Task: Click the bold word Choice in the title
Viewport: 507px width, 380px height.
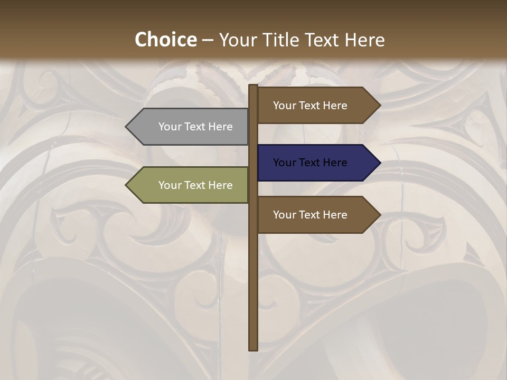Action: click(165, 40)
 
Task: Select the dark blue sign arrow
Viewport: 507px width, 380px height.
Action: click(317, 163)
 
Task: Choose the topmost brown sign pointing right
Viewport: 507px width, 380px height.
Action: click(317, 106)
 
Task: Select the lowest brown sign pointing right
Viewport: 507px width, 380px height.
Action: click(317, 215)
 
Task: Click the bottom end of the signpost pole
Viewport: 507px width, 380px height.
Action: click(253, 348)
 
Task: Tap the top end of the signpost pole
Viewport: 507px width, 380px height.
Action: click(253, 86)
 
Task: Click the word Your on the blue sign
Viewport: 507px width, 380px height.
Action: click(285, 163)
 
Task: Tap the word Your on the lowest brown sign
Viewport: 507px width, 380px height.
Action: click(285, 215)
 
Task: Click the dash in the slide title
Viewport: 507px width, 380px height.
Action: click(208, 40)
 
